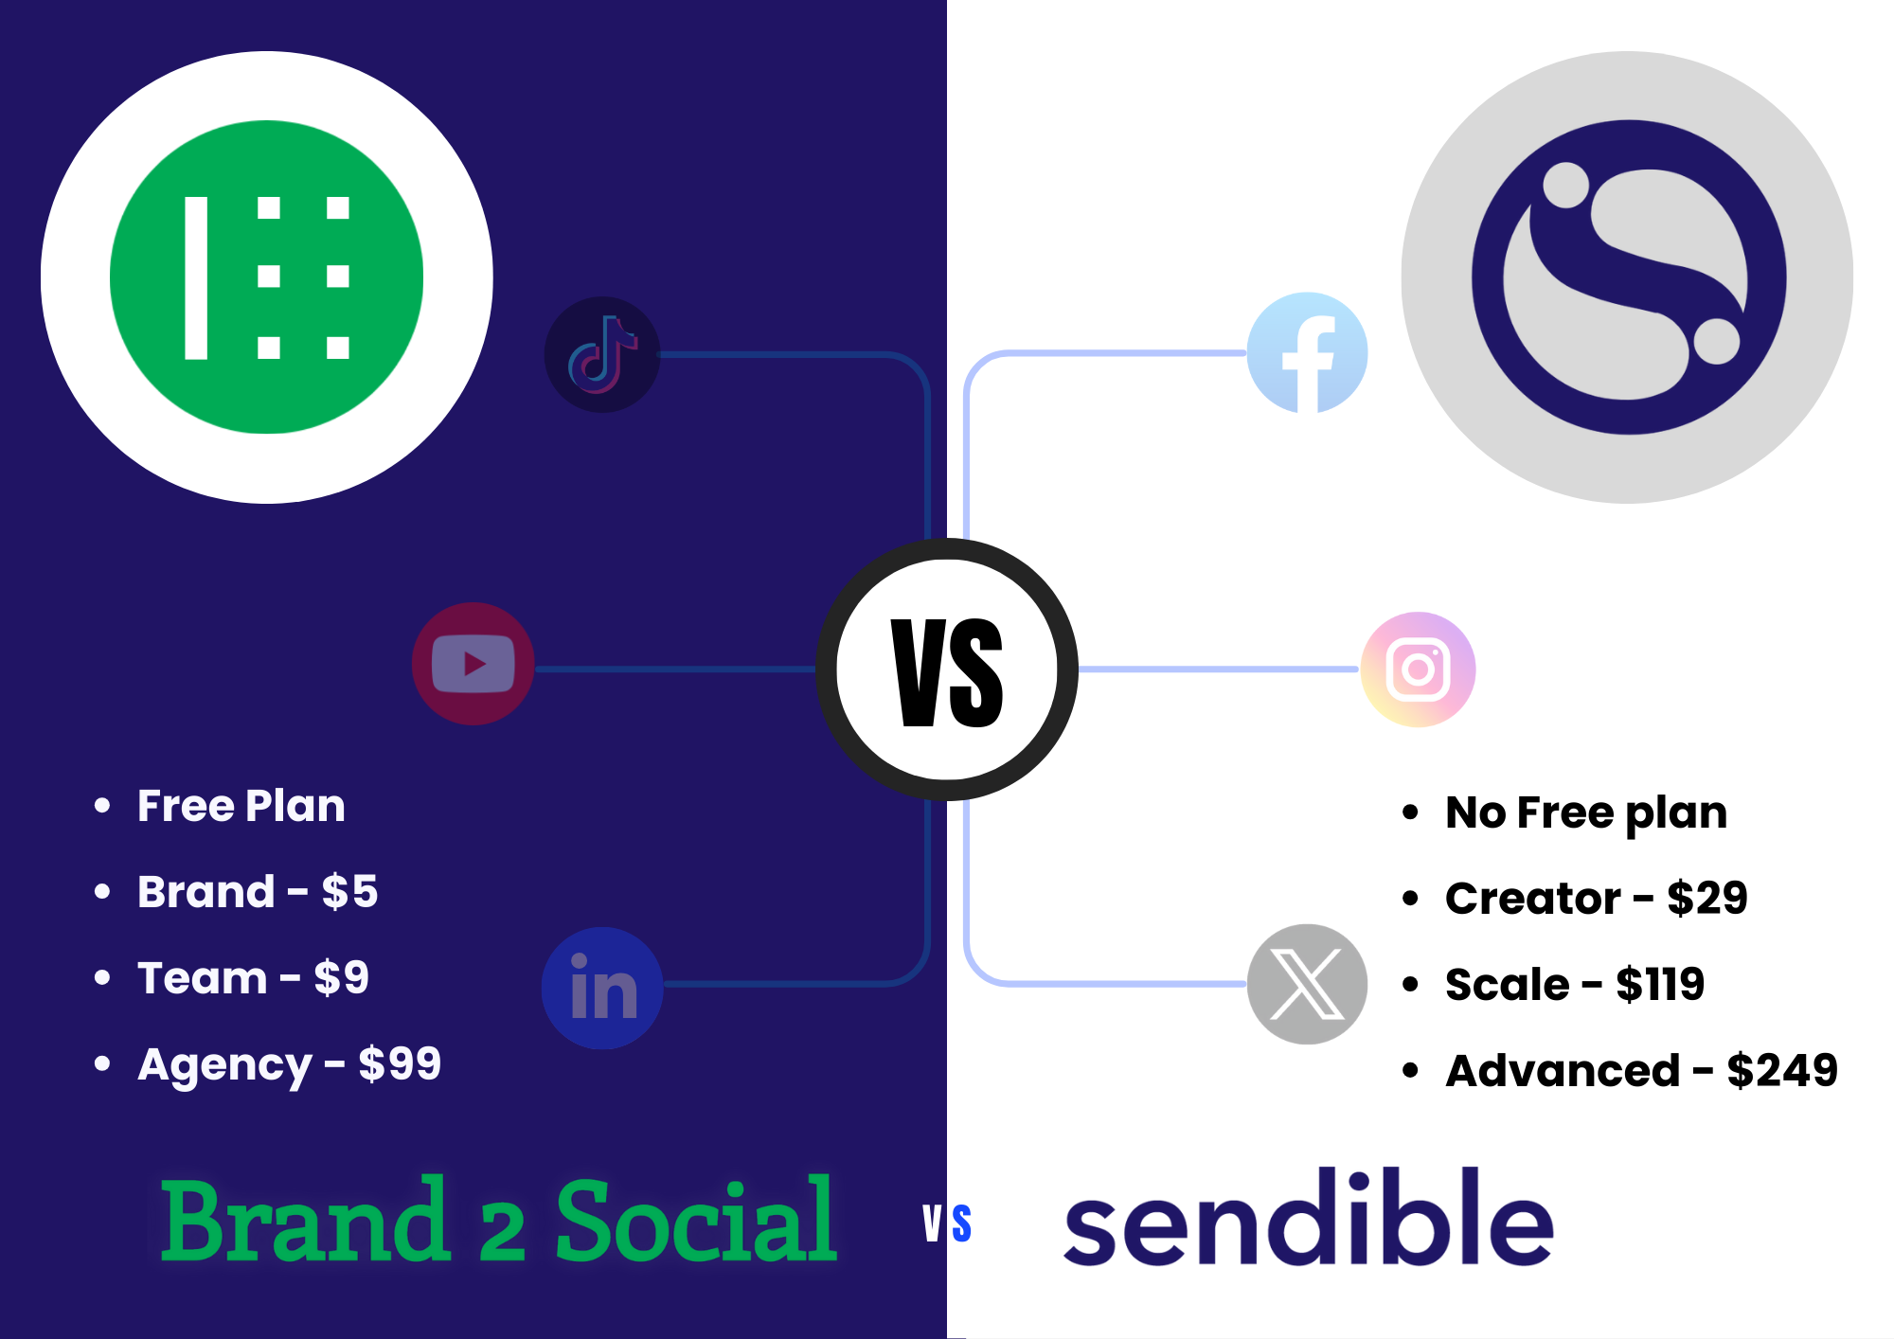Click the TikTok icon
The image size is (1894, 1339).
pos(602,355)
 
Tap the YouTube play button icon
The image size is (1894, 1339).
pos(473,664)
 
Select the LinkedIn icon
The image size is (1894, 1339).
pos(602,988)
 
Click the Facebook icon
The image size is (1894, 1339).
pos(1308,353)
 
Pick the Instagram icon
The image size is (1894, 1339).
pos(1418,669)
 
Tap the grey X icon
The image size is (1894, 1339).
pos(1307,984)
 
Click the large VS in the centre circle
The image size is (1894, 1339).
pos(947,672)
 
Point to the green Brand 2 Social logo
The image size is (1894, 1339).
pos(267,277)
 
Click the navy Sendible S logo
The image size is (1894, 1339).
pos(1629,277)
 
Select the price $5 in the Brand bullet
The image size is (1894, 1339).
pos(349,892)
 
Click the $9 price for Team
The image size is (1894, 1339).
pos(341,978)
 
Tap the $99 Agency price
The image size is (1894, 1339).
pos(400,1064)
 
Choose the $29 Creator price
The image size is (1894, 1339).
pos(1707,898)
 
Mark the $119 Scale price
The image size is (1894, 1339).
pos(1660,985)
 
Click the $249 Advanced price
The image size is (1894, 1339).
pos(1782,1071)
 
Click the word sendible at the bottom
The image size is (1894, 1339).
pos(1309,1218)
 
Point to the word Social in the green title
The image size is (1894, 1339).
pos(696,1221)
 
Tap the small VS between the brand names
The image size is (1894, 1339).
pos(947,1223)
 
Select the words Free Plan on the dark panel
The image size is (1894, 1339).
pos(241,806)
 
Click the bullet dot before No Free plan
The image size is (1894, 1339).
pos(1411,812)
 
